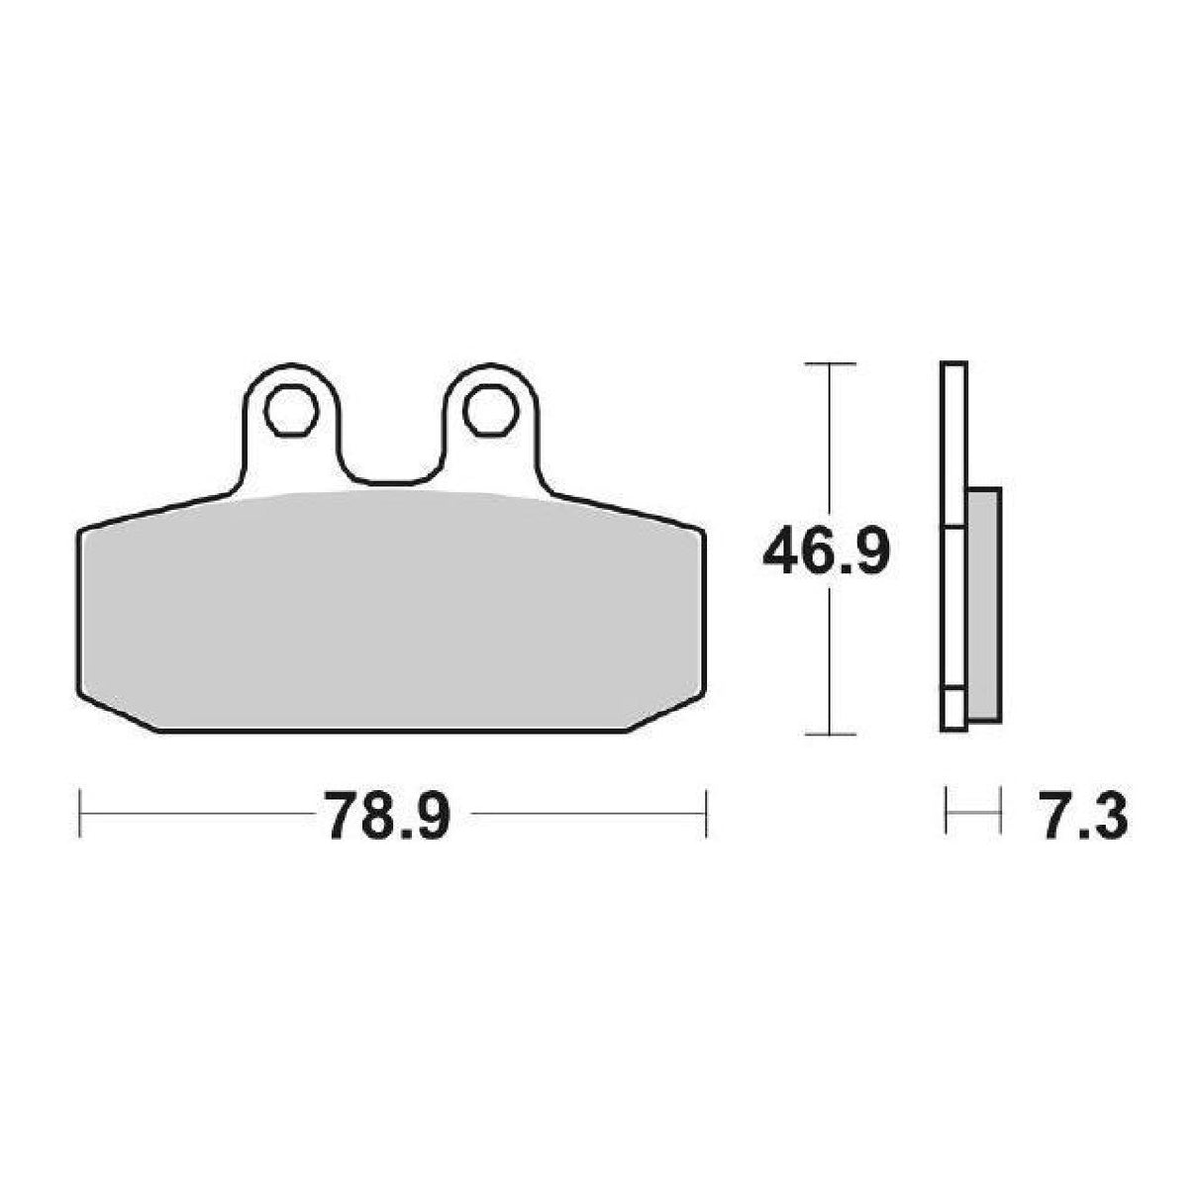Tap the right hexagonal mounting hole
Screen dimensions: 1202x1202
pyautogui.click(x=488, y=408)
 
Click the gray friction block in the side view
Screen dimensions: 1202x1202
pyautogui.click(x=981, y=604)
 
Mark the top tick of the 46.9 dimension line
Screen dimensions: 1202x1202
pyautogui.click(x=828, y=365)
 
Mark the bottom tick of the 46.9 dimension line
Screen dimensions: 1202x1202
pyautogui.click(x=828, y=734)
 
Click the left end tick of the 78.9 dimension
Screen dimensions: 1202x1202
pyautogui.click(x=79, y=814)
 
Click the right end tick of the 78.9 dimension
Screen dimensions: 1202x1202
pyautogui.click(x=705, y=814)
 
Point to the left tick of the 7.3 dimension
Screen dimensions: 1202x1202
pyautogui.click(x=948, y=814)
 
